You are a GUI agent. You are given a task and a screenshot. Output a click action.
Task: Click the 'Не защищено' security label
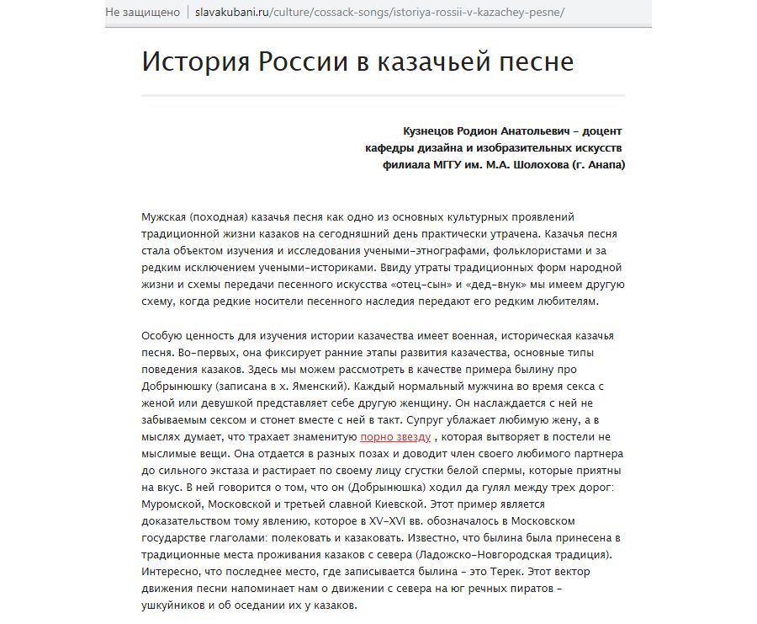click(x=143, y=13)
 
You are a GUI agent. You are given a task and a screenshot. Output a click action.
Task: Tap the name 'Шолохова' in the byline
click(x=537, y=165)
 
